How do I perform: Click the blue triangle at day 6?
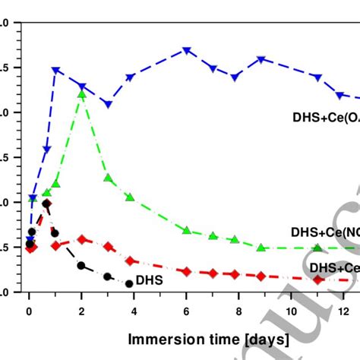[186, 51]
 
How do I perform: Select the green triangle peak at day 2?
[82, 94]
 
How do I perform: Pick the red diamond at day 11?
[317, 279]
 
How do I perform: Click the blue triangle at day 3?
[108, 104]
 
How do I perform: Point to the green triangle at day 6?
[186, 229]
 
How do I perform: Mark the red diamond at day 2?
[82, 239]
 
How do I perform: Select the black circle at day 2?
[81, 265]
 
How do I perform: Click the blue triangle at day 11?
[317, 77]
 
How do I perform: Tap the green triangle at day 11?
[317, 248]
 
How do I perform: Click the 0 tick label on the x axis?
[30, 311]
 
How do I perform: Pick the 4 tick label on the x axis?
[134, 311]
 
